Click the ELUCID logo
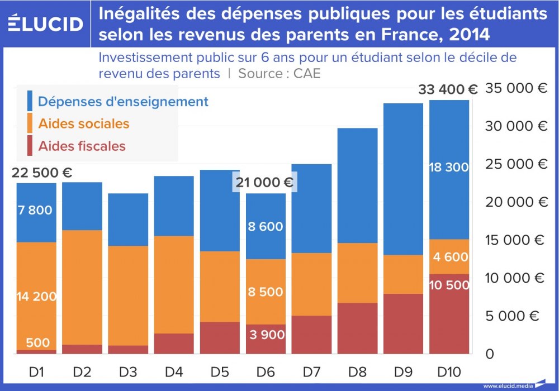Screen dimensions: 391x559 (x=46, y=23)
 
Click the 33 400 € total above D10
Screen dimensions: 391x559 (x=448, y=89)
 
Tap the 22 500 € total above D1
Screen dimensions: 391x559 (x=41, y=173)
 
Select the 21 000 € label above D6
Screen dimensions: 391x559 (x=264, y=182)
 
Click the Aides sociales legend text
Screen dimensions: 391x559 (x=83, y=123)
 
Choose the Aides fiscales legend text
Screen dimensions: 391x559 (x=82, y=146)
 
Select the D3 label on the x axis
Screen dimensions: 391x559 (x=128, y=371)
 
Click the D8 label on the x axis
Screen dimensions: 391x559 (x=357, y=371)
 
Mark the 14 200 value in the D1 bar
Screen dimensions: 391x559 (x=37, y=296)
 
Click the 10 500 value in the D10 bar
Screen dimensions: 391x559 (x=449, y=285)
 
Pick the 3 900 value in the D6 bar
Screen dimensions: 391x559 (x=265, y=335)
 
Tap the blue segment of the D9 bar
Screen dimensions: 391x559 (x=403, y=179)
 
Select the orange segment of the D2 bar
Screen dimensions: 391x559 (x=82, y=288)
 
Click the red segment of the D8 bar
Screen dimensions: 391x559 (x=357, y=328)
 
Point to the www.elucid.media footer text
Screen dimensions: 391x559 (x=506, y=385)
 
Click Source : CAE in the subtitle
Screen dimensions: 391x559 (x=279, y=73)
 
